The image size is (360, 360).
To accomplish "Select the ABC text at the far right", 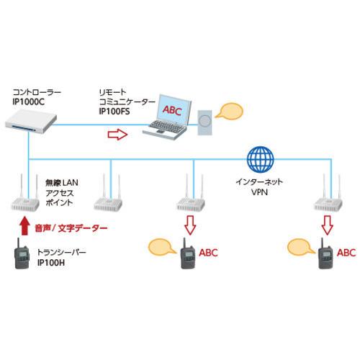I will pos(346,253).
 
